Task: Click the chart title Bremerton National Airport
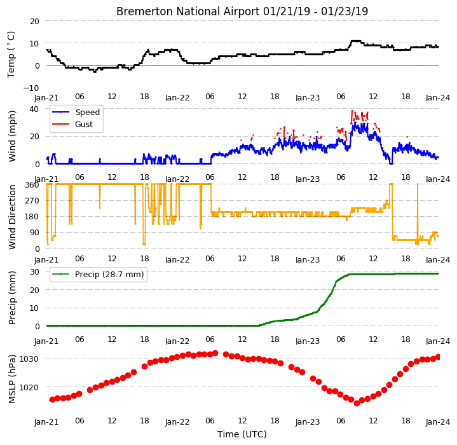[188, 11]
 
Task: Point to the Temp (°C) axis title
[11, 55]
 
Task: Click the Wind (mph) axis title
[12, 136]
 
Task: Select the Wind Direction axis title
[12, 217]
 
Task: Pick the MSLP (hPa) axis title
[12, 379]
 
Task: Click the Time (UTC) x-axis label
[242, 434]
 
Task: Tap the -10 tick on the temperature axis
[31, 88]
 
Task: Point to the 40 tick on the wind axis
[34, 109]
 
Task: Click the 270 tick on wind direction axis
[32, 201]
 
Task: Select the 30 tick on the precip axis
[34, 272]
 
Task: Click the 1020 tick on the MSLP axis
[29, 387]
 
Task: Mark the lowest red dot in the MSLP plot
[357, 403]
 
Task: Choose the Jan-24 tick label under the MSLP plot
[438, 422]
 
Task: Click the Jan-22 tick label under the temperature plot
[177, 98]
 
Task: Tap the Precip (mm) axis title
[12, 298]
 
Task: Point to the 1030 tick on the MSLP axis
[29, 359]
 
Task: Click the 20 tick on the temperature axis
[34, 21]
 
